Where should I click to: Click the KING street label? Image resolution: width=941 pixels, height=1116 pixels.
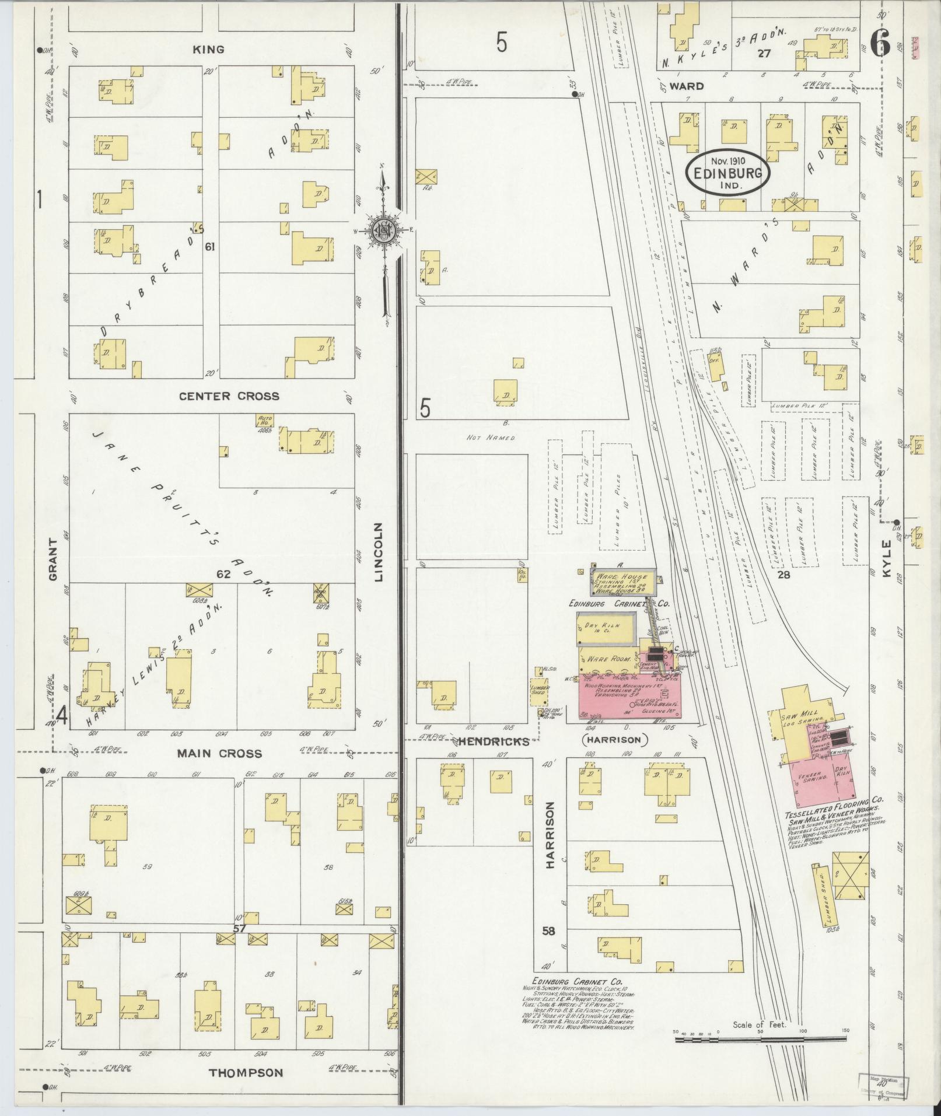pos(208,50)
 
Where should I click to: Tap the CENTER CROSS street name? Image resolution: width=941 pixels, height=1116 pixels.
pos(229,396)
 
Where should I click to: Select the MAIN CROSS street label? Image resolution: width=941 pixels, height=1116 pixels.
pos(220,754)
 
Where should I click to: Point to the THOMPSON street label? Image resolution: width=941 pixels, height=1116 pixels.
pos(246,1072)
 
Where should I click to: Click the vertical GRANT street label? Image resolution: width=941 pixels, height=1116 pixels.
pos(54,559)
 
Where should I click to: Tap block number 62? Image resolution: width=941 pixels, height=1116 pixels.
pos(223,574)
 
